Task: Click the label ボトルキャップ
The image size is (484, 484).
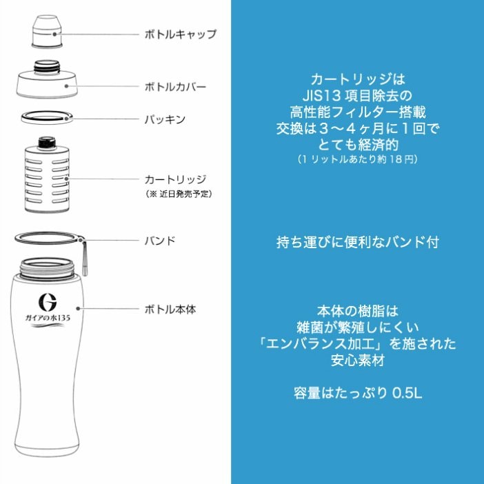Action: click(181, 34)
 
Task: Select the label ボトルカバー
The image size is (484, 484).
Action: click(175, 88)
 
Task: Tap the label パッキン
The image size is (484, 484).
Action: click(165, 119)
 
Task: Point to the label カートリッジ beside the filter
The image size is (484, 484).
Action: click(175, 179)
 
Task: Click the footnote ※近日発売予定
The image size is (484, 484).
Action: click(178, 194)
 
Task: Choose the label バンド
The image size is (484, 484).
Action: click(160, 241)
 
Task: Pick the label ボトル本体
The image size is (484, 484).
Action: click(170, 310)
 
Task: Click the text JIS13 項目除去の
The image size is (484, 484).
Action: click(356, 93)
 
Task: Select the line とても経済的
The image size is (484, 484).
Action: click(356, 144)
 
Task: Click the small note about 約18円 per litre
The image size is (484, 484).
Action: click(356, 159)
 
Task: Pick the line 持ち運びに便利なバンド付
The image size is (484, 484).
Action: click(357, 243)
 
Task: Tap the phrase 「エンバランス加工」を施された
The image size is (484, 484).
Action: click(356, 343)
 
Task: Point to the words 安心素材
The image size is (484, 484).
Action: click(356, 360)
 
